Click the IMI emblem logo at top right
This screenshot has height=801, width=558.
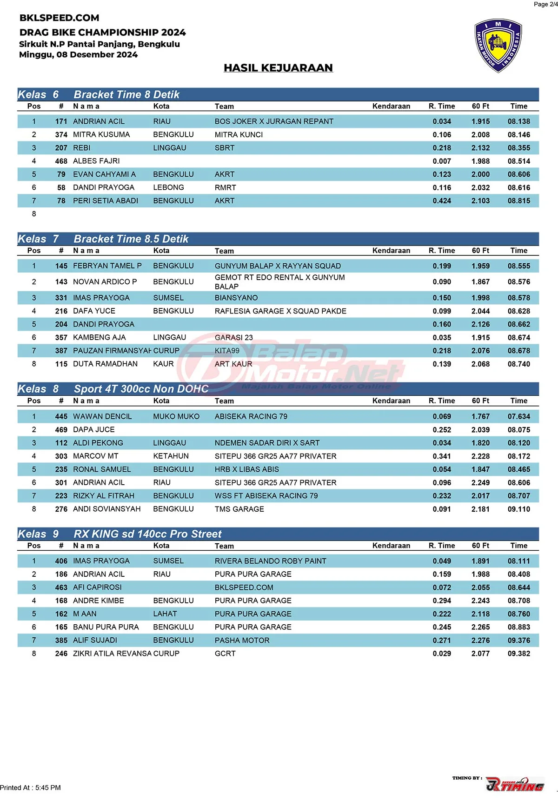(x=498, y=46)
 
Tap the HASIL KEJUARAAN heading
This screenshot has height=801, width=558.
(x=278, y=68)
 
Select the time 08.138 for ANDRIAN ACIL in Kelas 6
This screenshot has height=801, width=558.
(x=518, y=121)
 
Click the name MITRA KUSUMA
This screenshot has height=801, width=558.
(x=101, y=135)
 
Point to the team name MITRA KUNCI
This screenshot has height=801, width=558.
(x=239, y=135)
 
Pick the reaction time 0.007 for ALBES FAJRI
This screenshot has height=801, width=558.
(x=441, y=161)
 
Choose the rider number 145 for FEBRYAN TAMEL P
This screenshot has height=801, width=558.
(x=61, y=266)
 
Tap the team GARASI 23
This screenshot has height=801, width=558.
(x=233, y=338)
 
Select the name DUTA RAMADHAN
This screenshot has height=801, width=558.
(x=105, y=364)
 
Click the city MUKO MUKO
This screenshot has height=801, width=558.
(x=176, y=417)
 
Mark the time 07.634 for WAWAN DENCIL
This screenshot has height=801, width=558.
(x=518, y=417)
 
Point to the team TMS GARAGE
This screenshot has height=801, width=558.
(x=239, y=509)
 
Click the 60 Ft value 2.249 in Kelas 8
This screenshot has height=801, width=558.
(x=480, y=483)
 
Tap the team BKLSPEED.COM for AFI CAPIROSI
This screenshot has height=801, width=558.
(x=244, y=587)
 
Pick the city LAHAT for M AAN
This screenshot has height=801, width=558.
(x=165, y=614)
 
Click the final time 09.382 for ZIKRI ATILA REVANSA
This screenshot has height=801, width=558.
(x=518, y=654)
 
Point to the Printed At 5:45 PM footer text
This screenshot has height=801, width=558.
(x=31, y=788)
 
